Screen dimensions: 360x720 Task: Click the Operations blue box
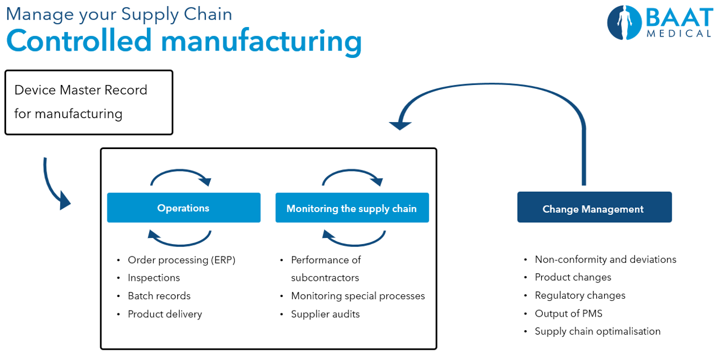click(x=183, y=208)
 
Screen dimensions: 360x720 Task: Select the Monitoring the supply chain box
click(x=352, y=208)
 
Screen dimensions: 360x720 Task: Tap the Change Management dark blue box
click(x=593, y=209)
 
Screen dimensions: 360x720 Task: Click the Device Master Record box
click(x=88, y=102)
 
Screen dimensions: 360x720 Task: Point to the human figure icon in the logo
click(x=623, y=22)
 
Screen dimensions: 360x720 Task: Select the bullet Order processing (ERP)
click(x=181, y=260)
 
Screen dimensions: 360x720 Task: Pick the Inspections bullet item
click(x=154, y=278)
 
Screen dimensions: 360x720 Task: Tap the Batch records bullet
click(x=159, y=296)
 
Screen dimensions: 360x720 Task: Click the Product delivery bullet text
click(x=165, y=314)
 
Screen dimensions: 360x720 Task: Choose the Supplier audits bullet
click(x=325, y=314)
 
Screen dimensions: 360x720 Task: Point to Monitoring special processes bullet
click(x=358, y=296)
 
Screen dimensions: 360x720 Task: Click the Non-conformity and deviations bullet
click(x=605, y=259)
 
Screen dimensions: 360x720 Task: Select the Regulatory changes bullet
click(x=580, y=295)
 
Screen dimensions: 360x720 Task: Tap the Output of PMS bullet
click(x=568, y=313)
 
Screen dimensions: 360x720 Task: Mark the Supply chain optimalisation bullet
click(x=597, y=331)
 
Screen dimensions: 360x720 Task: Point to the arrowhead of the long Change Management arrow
click(x=400, y=123)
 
